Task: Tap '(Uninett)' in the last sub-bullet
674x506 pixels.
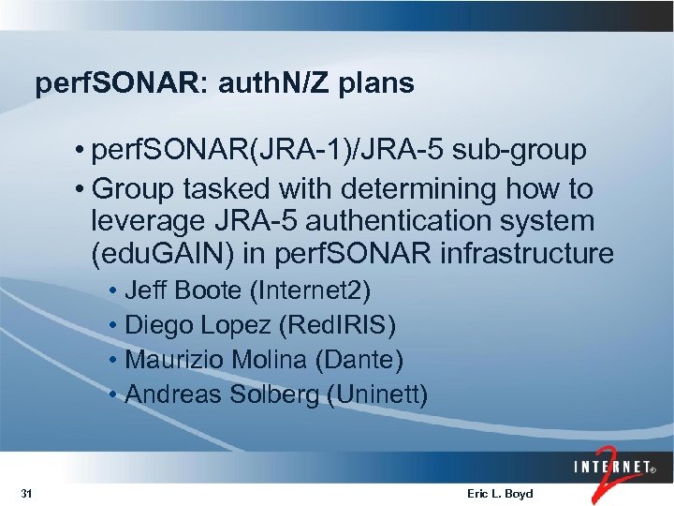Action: (x=378, y=394)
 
